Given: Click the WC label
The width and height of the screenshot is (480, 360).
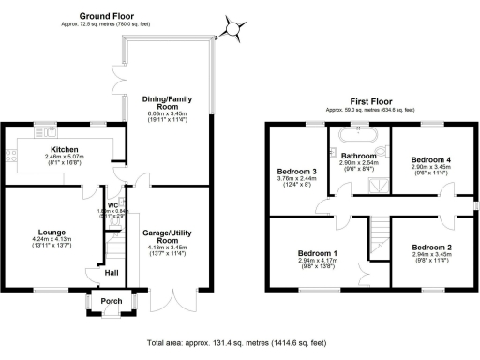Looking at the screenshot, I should (112, 205).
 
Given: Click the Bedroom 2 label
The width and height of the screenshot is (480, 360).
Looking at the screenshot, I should (432, 247).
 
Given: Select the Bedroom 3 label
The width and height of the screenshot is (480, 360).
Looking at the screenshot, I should (296, 171).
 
